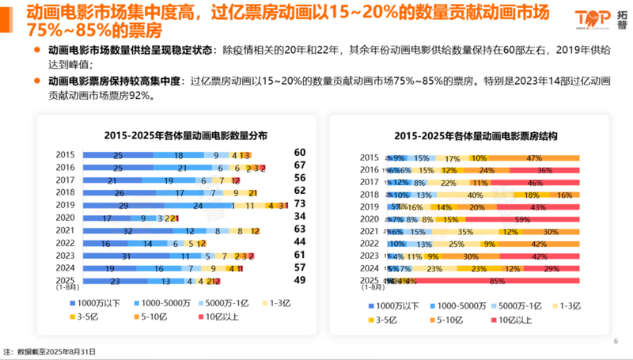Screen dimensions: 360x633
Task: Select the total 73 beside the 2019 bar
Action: [x=299, y=205]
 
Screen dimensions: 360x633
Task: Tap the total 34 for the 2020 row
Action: [x=299, y=218]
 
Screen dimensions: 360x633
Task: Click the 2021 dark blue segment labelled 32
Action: [x=127, y=231]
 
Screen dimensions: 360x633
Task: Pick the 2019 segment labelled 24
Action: [x=196, y=205]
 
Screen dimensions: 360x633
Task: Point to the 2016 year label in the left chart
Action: [x=66, y=168]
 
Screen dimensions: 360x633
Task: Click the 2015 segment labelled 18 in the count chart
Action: [x=179, y=155]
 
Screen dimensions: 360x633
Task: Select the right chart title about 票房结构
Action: [x=468, y=136]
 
